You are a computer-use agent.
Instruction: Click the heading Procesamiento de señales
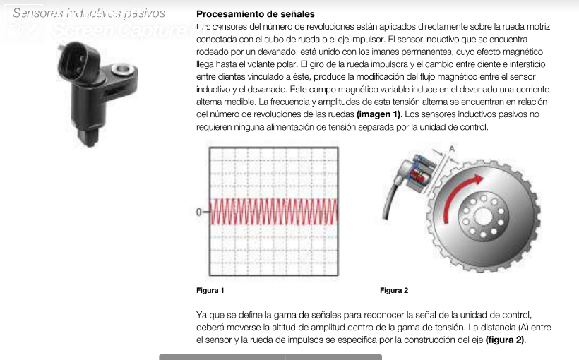tap(255, 14)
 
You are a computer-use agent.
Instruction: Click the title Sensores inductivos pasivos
tap(89, 13)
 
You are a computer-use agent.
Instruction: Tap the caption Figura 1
tap(210, 290)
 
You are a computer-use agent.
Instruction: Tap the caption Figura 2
tap(394, 290)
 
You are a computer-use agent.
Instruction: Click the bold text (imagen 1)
tap(378, 114)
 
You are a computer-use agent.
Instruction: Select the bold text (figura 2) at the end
tap(505, 340)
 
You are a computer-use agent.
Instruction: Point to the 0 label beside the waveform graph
tap(199, 211)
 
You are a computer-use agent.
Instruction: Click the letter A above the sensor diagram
tap(452, 147)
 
